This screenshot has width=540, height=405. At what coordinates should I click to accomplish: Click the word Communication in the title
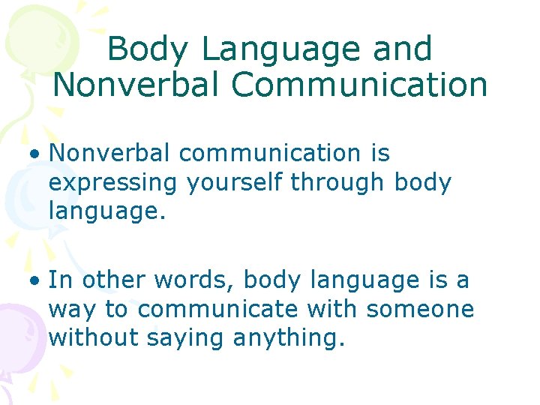(x=359, y=85)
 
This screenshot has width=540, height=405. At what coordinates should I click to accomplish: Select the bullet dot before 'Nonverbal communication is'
(x=35, y=154)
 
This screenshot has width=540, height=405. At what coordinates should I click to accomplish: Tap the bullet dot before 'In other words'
(x=35, y=281)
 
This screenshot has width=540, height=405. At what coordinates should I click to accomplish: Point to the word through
(x=334, y=182)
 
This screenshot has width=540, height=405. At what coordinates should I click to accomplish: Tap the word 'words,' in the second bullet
(x=193, y=280)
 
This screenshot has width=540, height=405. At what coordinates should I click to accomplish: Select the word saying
(x=187, y=337)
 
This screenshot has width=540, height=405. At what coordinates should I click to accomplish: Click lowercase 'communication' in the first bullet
(x=270, y=154)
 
